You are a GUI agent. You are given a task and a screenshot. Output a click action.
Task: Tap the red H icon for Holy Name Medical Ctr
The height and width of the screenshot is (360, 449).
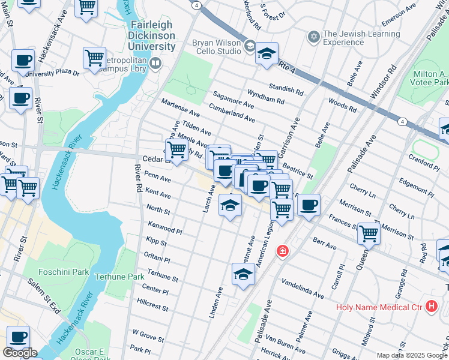tap(431, 307)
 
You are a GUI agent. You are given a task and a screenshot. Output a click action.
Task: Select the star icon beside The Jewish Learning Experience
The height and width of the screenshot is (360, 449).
tap(312, 37)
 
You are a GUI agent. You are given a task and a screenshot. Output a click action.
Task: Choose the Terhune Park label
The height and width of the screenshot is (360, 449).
tap(119, 277)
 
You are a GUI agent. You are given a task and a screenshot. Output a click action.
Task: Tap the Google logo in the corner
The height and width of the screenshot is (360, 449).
tap(20, 352)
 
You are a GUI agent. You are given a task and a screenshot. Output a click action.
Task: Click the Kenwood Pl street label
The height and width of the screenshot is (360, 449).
tap(164, 227)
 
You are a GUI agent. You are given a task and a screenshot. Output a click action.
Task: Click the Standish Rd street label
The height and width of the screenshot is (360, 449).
tap(286, 89)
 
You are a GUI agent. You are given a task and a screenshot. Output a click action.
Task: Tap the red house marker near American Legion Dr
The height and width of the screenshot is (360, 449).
tap(282, 251)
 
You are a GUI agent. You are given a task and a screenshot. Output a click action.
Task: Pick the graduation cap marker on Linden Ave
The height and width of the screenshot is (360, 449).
tap(243, 274)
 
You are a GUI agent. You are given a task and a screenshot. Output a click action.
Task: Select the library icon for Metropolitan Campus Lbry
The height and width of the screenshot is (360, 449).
tap(156, 62)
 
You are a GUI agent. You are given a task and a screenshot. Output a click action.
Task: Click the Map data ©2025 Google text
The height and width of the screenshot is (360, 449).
tap(412, 355)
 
